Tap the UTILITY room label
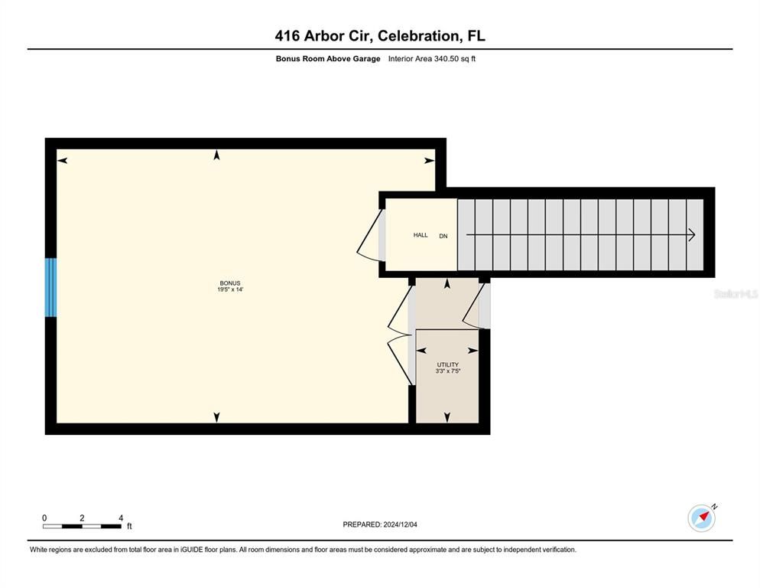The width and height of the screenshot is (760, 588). [447, 364]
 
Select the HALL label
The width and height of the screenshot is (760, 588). [421, 235]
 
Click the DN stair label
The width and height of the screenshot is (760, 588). [443, 236]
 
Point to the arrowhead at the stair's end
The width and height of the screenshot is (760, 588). [691, 235]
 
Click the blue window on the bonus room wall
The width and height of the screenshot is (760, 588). [50, 287]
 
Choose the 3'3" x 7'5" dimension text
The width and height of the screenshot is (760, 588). [447, 371]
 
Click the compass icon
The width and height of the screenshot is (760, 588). [701, 518]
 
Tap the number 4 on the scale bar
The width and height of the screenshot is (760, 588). [121, 518]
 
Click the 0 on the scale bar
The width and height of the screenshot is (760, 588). [44, 518]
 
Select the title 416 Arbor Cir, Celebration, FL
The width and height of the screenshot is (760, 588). [380, 35]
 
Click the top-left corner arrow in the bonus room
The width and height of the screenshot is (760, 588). [62, 160]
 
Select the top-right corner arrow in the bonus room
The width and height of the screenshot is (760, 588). [430, 161]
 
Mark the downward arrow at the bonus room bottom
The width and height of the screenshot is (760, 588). [216, 416]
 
